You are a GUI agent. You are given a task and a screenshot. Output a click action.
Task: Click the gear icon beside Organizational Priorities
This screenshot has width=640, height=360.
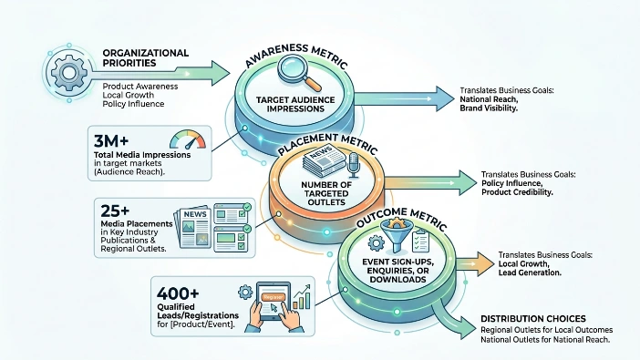pyautogui.click(x=69, y=73)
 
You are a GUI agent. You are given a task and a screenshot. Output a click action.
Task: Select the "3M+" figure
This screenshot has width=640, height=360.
pyautogui.click(x=111, y=141)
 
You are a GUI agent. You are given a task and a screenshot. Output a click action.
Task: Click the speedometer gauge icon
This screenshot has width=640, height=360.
pyautogui.click(x=188, y=139)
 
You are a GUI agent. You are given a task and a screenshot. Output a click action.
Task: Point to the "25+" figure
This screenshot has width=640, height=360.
pyautogui.click(x=115, y=211)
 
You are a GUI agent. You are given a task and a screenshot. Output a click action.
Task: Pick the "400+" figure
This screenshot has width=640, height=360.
pyautogui.click(x=178, y=293)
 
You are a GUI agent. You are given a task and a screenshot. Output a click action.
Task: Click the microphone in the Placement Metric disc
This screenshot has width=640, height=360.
pyautogui.click(x=354, y=165)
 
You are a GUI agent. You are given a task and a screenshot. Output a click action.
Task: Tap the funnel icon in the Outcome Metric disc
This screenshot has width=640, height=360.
pyautogui.click(x=396, y=235)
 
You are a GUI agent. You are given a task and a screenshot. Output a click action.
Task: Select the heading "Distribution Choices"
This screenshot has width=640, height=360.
pyautogui.click(x=533, y=319)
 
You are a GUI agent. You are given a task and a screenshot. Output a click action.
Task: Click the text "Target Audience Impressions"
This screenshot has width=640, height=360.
pyautogui.click(x=295, y=104)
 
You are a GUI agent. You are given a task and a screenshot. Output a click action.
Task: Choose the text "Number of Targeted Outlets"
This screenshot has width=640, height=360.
pyautogui.click(x=326, y=193)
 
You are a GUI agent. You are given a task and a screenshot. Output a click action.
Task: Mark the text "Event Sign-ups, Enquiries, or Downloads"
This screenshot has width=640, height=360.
pyautogui.click(x=398, y=271)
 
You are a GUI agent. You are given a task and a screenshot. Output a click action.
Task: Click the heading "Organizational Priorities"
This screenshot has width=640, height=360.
pyautogui.click(x=145, y=58)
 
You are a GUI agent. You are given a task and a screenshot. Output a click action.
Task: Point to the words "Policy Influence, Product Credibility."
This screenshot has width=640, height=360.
pyautogui.click(x=517, y=188)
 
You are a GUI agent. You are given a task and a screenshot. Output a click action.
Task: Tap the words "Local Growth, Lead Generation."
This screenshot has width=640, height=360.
pyautogui.click(x=530, y=268)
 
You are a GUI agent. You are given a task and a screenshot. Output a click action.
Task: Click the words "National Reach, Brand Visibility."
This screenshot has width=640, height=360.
pyautogui.click(x=489, y=104)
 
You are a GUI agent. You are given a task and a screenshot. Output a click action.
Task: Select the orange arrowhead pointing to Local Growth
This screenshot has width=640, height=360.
pyautogui.click(x=485, y=263)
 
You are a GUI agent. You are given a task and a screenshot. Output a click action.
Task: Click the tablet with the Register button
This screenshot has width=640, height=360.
pyautogui.click(x=274, y=302)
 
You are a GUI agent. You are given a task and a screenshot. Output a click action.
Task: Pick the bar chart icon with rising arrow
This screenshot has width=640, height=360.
pyautogui.click(x=301, y=297)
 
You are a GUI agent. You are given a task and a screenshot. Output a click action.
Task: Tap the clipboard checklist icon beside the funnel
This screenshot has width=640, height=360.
pyautogui.click(x=420, y=241)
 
